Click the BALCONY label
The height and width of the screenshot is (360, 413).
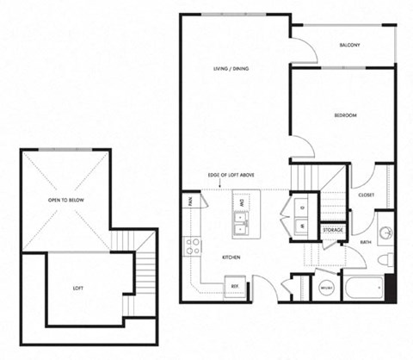(348, 45)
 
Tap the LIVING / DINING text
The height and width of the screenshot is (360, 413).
(231, 69)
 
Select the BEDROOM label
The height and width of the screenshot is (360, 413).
(346, 115)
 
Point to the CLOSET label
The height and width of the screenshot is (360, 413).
(366, 196)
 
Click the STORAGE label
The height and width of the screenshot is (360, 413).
(333, 231)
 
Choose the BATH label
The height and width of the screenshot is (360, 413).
(366, 242)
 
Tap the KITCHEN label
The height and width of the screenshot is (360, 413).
(230, 258)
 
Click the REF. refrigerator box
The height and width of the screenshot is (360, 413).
(233, 286)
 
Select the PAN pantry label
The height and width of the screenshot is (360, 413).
(188, 203)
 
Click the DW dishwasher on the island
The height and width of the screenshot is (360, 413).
(243, 204)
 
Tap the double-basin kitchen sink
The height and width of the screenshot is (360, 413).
(243, 227)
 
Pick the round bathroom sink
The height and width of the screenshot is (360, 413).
(386, 235)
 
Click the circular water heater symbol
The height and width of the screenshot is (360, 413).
(327, 289)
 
